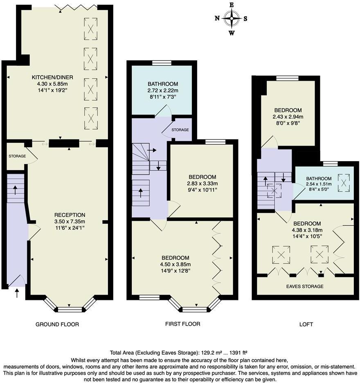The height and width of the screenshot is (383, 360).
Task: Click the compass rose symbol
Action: [232, 18]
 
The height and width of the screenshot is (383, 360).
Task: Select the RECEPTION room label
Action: [70, 215]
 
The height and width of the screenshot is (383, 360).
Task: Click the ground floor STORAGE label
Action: [17, 156]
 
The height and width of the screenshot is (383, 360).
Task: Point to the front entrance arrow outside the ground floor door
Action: [17, 293]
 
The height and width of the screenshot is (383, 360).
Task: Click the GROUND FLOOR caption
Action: [57, 324]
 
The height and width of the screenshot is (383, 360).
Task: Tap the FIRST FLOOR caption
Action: [182, 324]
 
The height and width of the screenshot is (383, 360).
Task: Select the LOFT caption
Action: [306, 324]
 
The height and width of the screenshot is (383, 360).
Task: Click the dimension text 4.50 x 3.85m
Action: [175, 264]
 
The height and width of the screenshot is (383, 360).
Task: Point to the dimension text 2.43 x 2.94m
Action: [288, 117]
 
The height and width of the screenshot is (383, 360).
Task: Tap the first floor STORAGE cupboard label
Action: [180, 130]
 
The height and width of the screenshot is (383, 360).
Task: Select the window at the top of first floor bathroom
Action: [161, 63]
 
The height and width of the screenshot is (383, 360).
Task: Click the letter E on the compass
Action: [232, 5]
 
